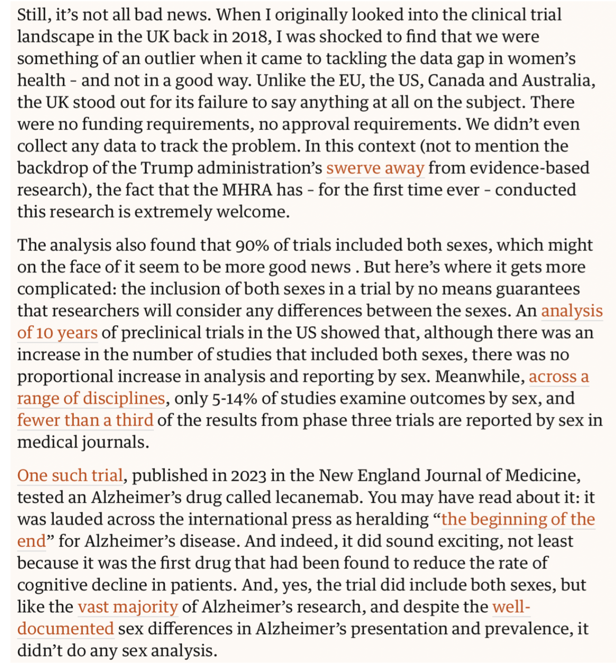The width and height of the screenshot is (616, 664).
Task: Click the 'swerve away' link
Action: [x=375, y=168]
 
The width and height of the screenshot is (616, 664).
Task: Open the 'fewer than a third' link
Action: [x=85, y=420]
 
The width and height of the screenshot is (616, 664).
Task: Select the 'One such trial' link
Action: [x=70, y=476]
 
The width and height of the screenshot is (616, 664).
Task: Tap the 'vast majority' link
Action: [x=128, y=607]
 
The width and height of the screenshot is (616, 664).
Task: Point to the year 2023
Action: [x=249, y=476]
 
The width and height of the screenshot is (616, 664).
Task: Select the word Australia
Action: [x=557, y=81]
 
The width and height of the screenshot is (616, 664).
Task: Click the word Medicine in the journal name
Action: [x=542, y=476]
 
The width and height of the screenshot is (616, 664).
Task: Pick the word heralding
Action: [x=392, y=520]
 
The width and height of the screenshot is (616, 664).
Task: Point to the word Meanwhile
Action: [x=480, y=377]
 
